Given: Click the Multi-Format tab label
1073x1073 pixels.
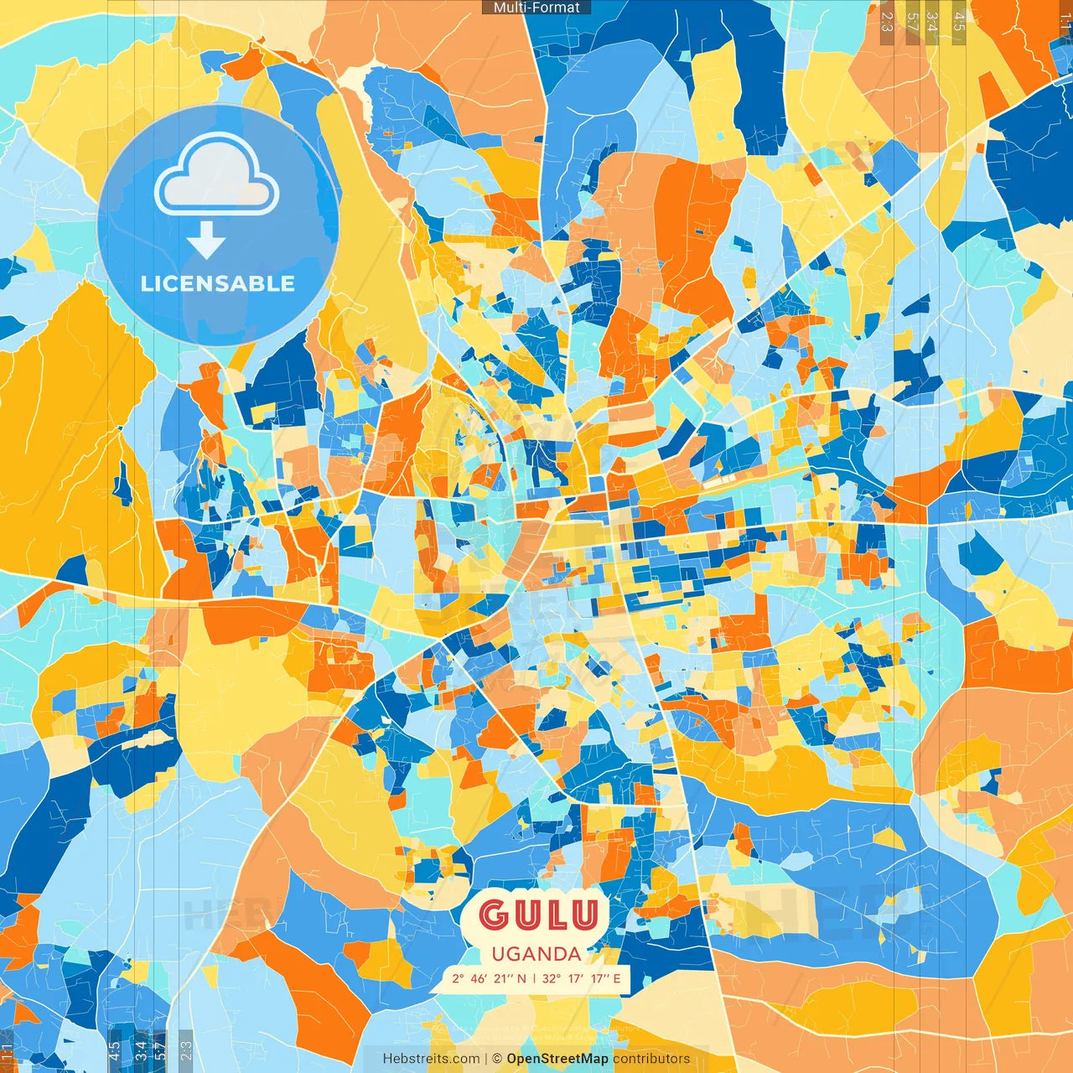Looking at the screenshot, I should [536, 8].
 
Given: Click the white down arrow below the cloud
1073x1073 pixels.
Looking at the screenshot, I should [206, 240].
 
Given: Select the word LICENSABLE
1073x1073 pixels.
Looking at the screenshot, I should [218, 283].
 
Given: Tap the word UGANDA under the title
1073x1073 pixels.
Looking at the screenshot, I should [536, 954].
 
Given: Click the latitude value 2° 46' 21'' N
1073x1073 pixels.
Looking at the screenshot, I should [490, 978].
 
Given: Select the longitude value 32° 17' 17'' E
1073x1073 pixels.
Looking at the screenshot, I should [582, 978].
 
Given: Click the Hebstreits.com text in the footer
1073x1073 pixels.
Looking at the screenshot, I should [432, 1059].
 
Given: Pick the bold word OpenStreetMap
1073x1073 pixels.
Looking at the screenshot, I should [557, 1059].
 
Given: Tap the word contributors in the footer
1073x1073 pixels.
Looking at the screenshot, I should [651, 1059].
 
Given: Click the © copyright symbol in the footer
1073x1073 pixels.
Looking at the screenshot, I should [497, 1059].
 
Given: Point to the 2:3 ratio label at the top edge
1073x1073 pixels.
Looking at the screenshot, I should [887, 21].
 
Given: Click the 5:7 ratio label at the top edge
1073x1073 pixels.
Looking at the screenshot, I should [911, 21].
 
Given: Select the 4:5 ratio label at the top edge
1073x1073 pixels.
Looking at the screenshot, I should [959, 21].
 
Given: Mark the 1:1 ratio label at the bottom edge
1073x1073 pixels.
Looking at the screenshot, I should [8, 1051].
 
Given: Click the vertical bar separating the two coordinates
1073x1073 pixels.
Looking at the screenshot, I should [535, 978].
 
